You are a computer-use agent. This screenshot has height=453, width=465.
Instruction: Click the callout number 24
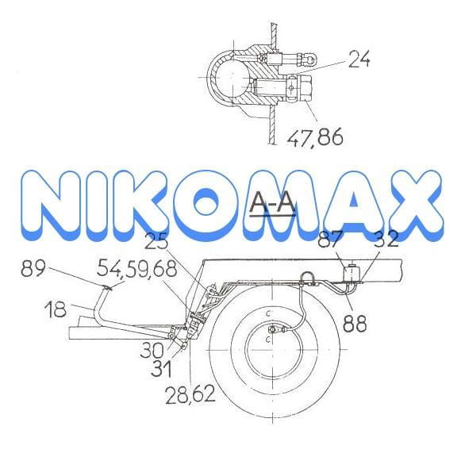[x=359, y=59]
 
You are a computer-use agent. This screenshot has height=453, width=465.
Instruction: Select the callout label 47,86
[x=315, y=136]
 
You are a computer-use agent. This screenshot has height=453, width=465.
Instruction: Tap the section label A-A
[x=272, y=203]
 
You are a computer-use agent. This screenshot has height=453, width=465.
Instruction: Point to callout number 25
[x=156, y=243]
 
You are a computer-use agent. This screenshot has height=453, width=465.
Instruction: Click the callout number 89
[x=33, y=268]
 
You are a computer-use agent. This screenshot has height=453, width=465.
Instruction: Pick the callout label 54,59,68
[x=137, y=269]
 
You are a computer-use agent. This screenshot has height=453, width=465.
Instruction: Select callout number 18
[x=56, y=309]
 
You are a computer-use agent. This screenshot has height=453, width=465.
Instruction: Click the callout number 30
[x=152, y=350]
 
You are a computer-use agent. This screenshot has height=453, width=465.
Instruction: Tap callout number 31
[x=161, y=369]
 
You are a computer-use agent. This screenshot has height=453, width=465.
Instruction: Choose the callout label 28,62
[x=190, y=395]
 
